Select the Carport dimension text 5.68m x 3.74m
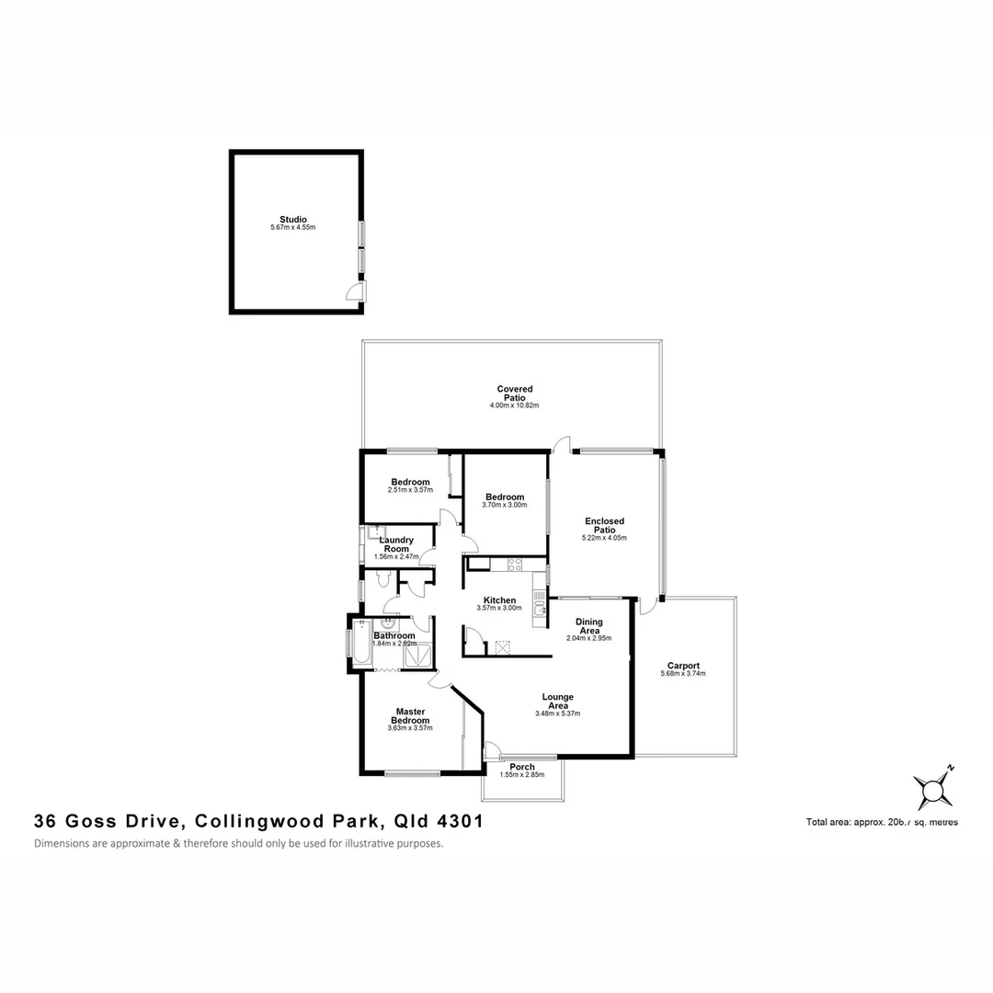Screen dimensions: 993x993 tap(683, 674)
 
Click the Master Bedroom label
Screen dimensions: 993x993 tap(410, 715)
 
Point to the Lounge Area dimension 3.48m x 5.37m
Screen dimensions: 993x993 tap(557, 713)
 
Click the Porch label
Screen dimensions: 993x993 tap(522, 767)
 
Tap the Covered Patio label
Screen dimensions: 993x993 tap(515, 394)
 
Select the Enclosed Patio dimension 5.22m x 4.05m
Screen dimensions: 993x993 tap(604, 538)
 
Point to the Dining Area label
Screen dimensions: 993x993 tap(588, 626)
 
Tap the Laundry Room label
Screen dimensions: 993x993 tap(396, 544)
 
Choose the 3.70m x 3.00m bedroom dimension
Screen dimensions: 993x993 tap(505, 505)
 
